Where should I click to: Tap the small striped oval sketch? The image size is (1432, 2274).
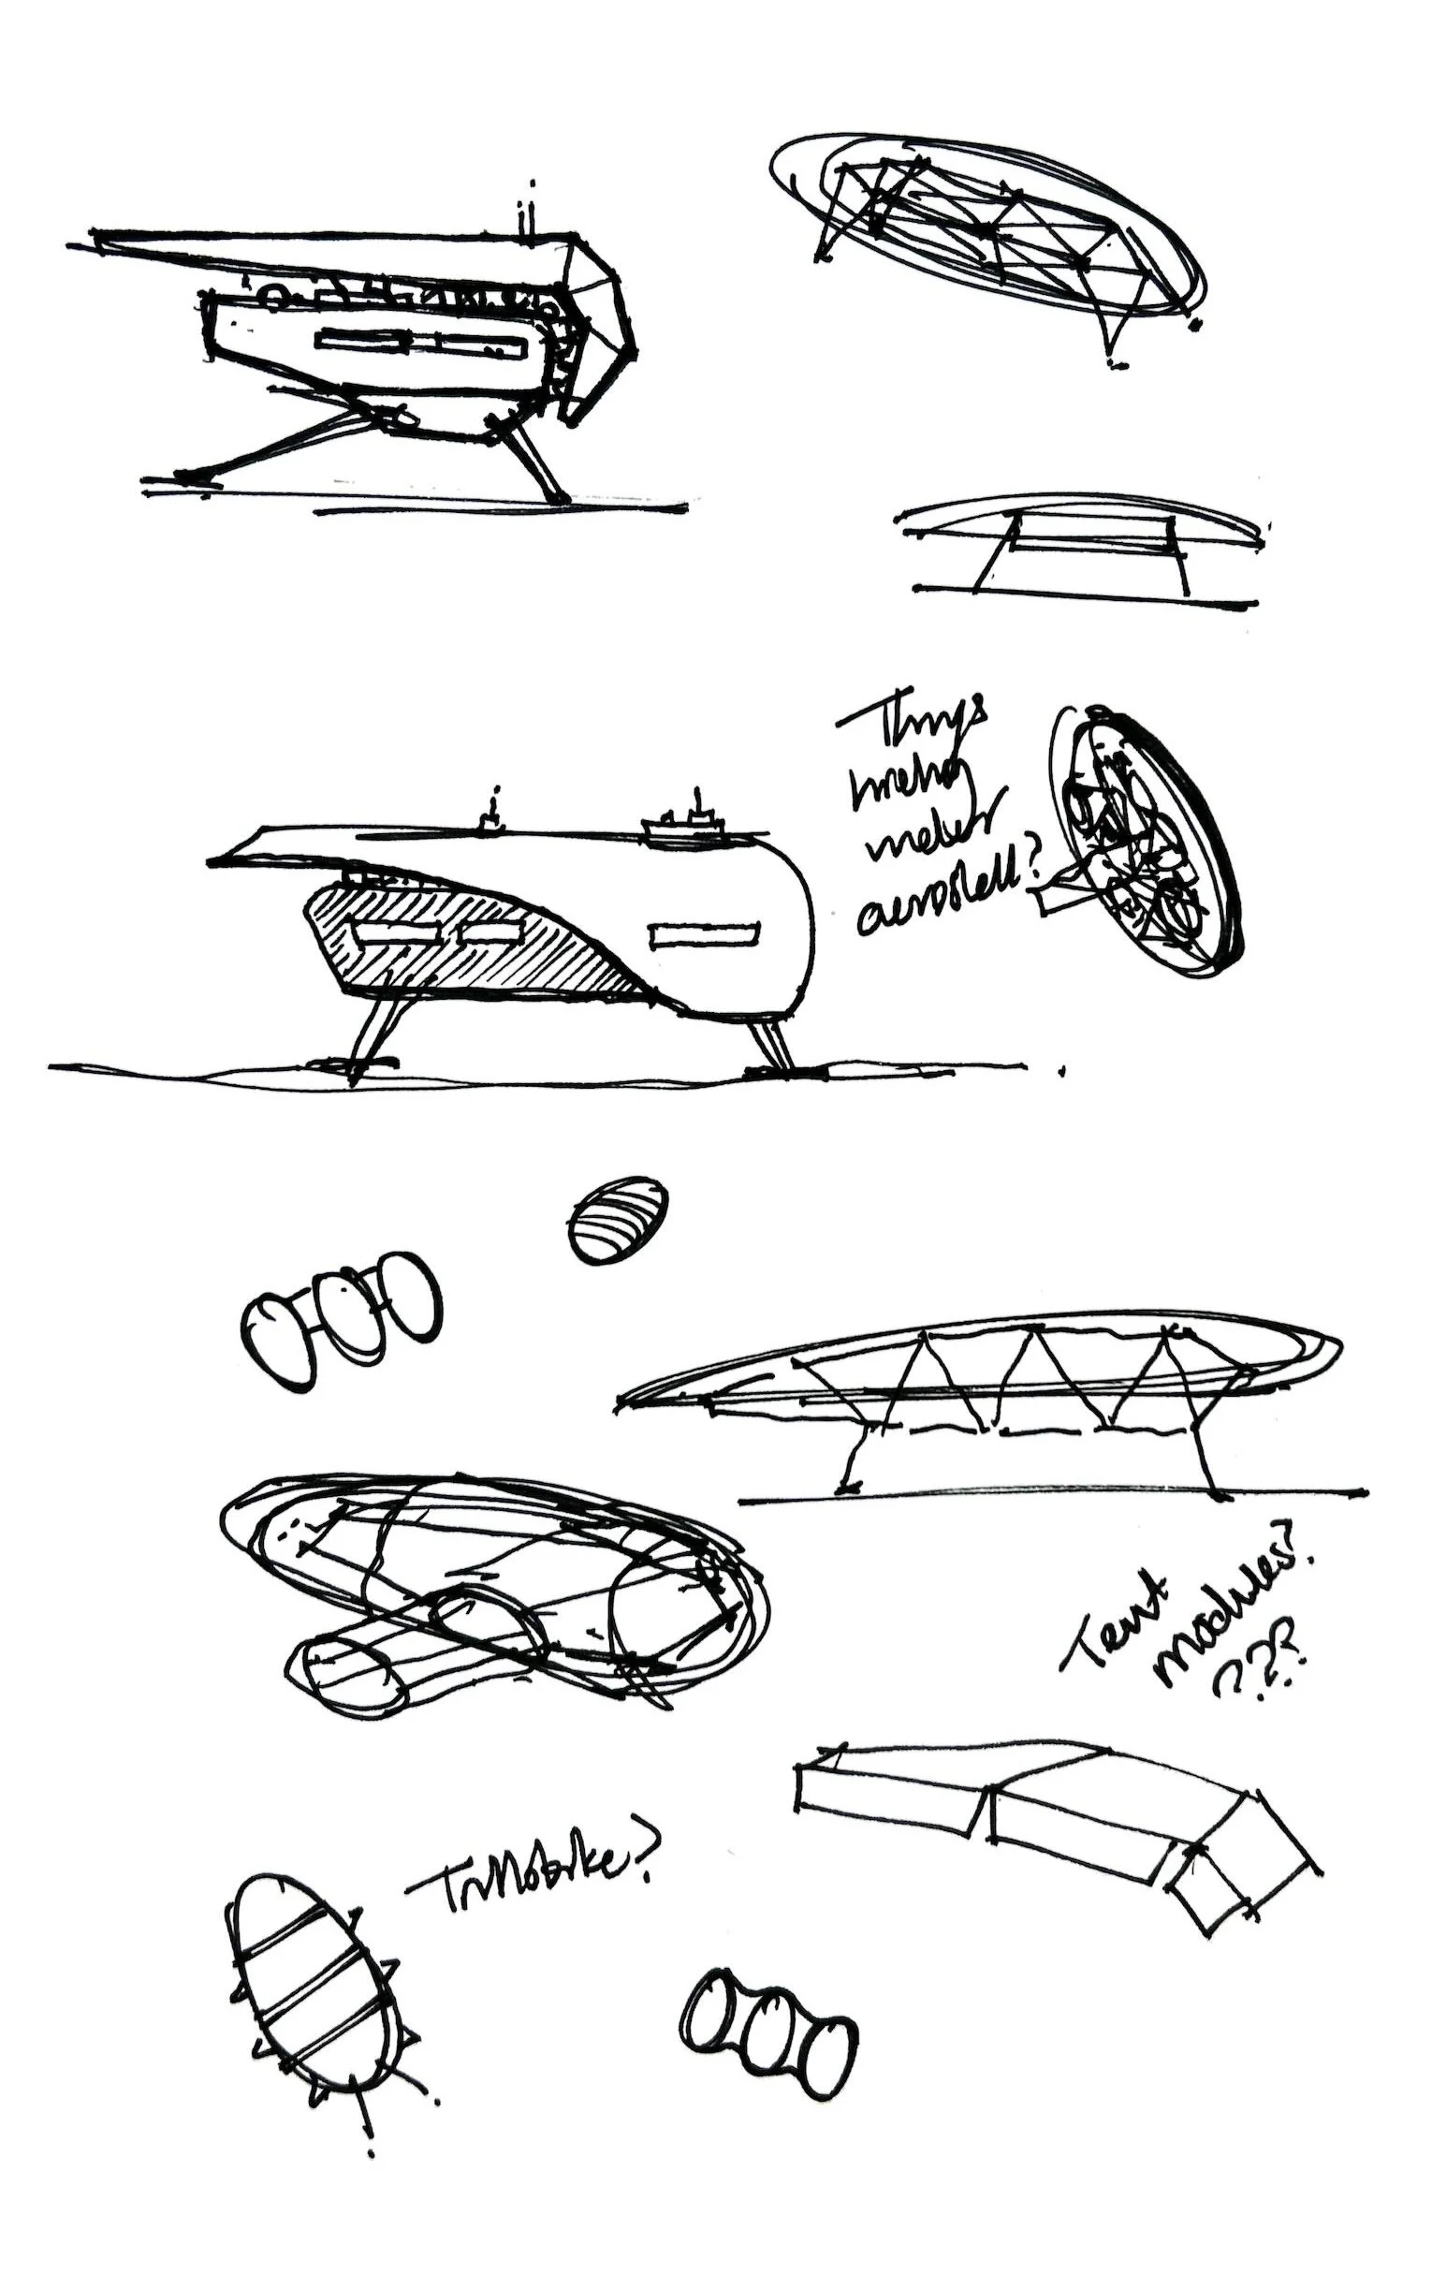(x=619, y=1217)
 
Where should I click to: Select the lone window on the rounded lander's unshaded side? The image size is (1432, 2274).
(x=703, y=935)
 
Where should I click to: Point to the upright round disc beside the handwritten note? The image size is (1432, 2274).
(x=1142, y=841)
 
